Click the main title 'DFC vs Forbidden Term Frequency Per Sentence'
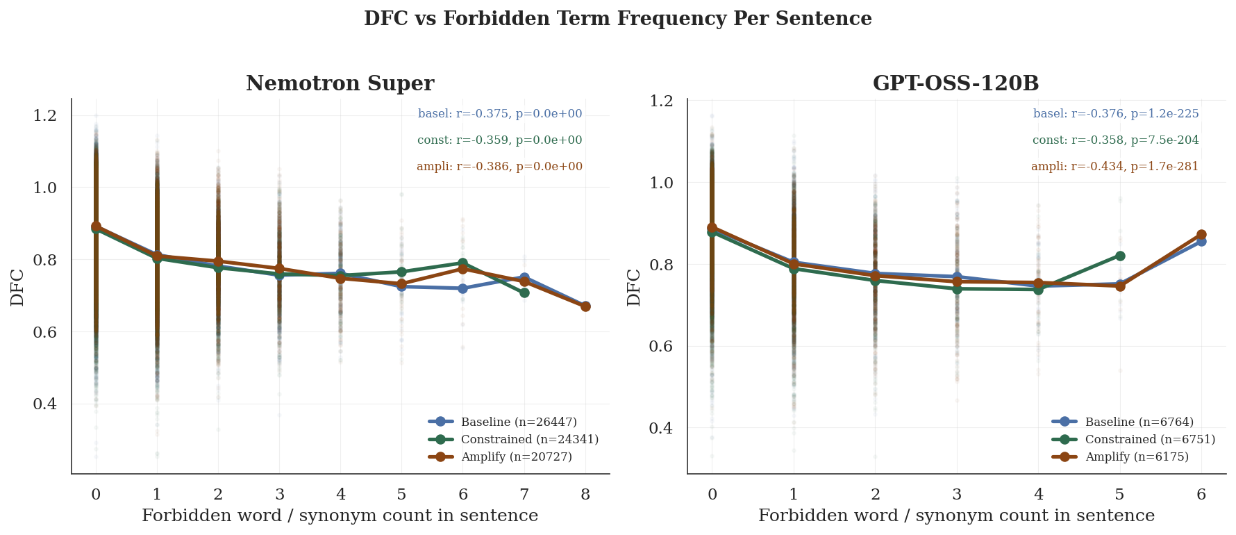tap(617, 19)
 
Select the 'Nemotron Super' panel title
tap(340, 83)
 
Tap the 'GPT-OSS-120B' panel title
tap(955, 83)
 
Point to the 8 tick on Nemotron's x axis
tap(585, 495)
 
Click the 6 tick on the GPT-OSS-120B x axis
tap(1201, 495)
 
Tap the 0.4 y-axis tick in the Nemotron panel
tap(45, 404)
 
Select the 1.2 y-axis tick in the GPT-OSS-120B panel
tap(660, 101)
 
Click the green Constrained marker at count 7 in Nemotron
tap(524, 293)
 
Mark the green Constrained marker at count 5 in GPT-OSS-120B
tap(1120, 256)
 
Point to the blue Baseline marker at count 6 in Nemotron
tap(463, 288)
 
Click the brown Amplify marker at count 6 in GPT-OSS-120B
tap(1201, 235)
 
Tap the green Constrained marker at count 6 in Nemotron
tap(463, 263)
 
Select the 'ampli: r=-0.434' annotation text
tap(1114, 167)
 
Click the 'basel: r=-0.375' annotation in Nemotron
tap(500, 114)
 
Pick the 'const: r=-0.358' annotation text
tap(1115, 140)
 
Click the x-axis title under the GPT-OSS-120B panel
tap(956, 516)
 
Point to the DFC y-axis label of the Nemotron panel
tap(17, 287)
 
